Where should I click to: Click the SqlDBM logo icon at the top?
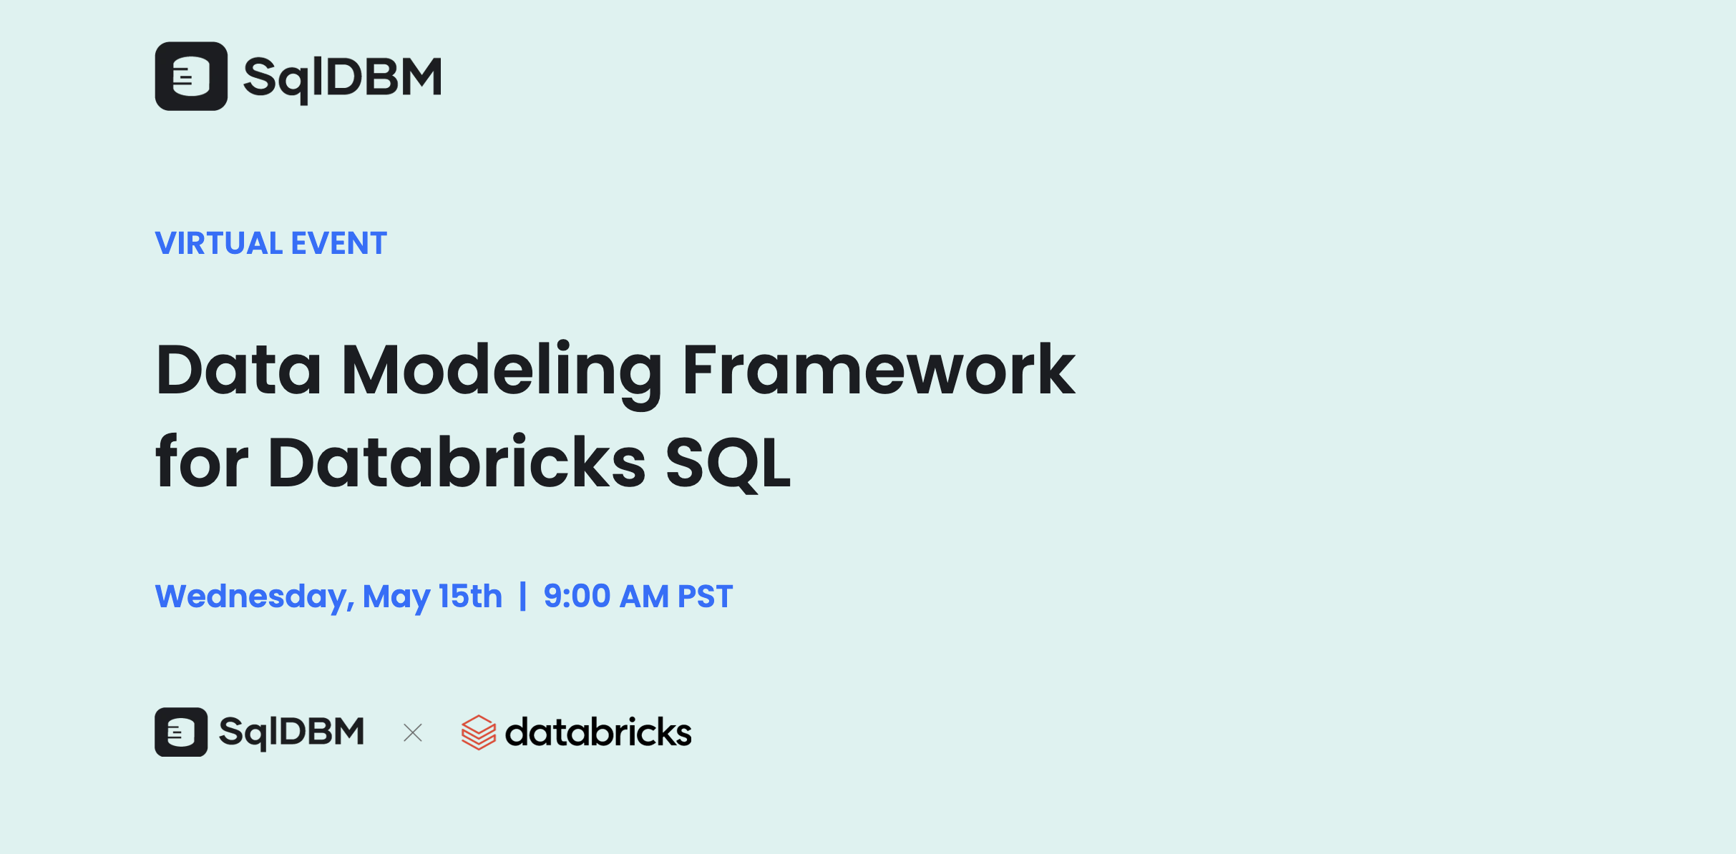[x=191, y=77]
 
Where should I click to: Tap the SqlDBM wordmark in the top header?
[x=343, y=78]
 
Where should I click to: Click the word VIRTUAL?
[x=219, y=243]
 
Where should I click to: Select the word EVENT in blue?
[x=339, y=243]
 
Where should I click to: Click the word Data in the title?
[x=238, y=370]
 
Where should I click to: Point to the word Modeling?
[x=502, y=370]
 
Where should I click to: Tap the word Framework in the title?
[x=878, y=370]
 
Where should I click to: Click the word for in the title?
[x=202, y=462]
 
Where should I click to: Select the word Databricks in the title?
[x=457, y=462]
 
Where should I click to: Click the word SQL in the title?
[x=728, y=463]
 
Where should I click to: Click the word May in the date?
[x=396, y=597]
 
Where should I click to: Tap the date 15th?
[x=470, y=596]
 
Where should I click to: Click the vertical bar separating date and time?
[x=523, y=596]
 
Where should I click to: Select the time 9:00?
[x=577, y=596]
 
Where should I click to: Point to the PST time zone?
[x=705, y=596]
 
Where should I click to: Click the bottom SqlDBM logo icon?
[x=181, y=732]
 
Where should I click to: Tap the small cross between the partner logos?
[x=413, y=732]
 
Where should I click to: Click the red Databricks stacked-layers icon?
[x=478, y=732]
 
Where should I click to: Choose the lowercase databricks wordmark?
[x=598, y=732]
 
